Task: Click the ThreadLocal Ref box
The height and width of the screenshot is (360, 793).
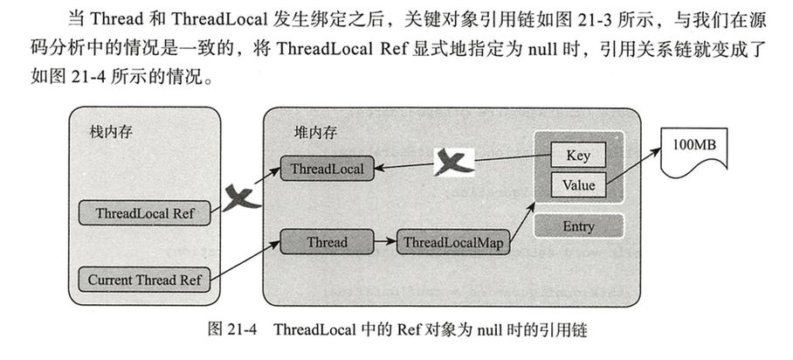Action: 144,212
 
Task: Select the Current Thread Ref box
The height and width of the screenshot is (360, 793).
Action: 144,280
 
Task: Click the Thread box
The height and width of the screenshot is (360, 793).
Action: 328,242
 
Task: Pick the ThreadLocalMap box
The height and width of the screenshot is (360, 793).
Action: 452,242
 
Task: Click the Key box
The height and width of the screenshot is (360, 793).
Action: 577,156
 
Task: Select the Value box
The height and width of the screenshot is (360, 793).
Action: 577,185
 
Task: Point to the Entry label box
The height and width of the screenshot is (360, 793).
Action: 577,226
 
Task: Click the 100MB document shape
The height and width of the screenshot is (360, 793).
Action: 695,146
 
